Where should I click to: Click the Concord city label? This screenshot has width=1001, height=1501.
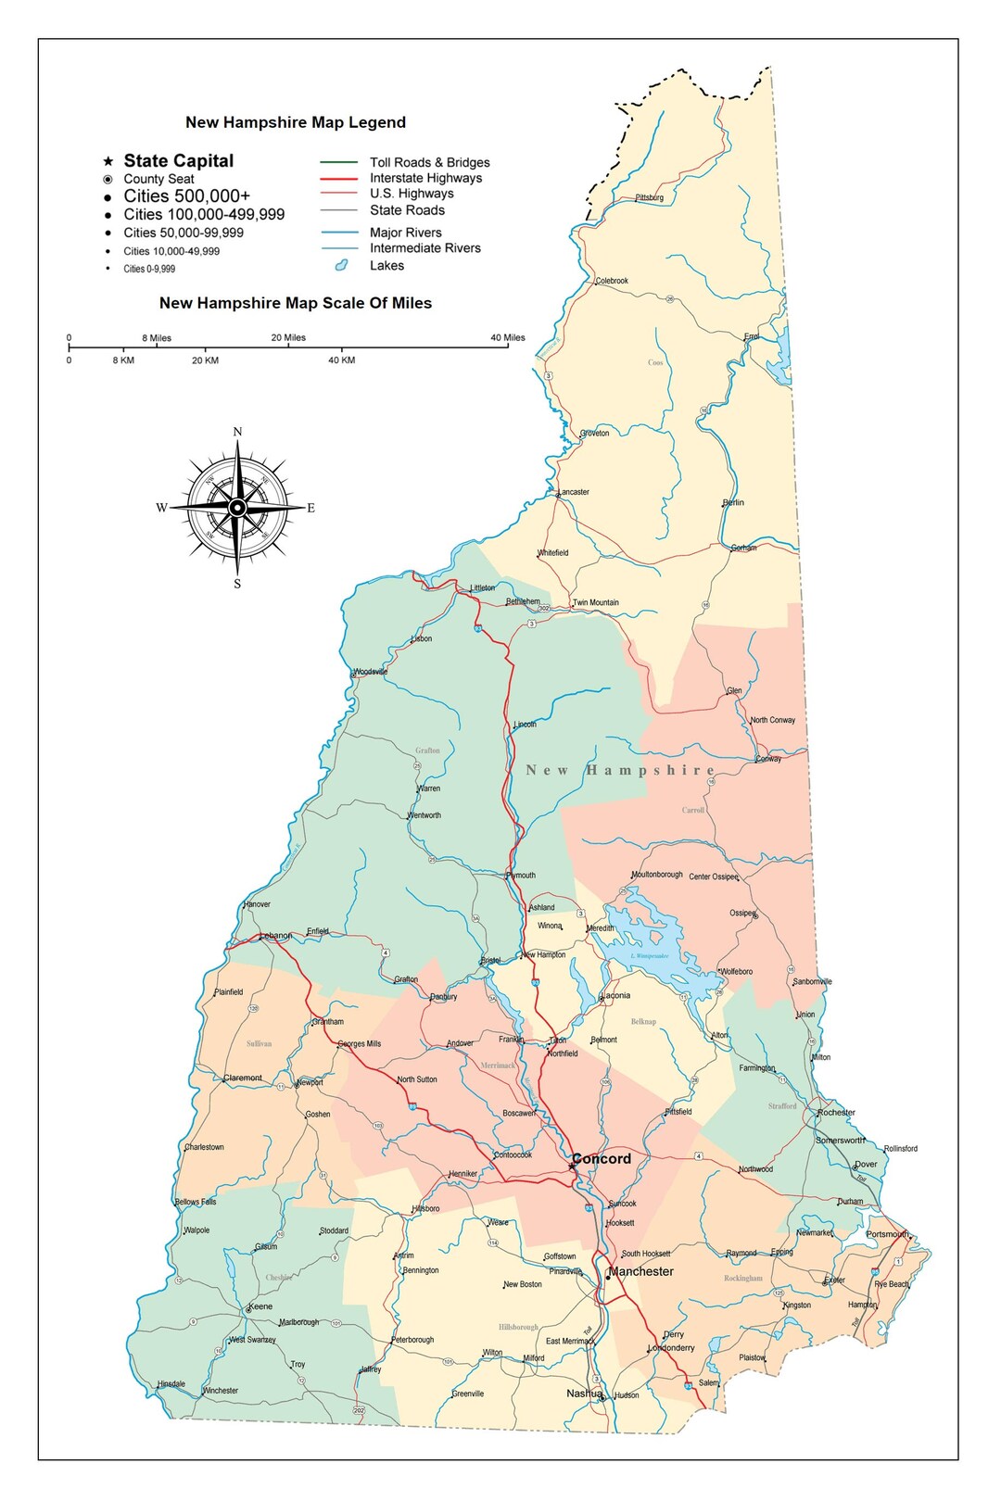click(x=602, y=1159)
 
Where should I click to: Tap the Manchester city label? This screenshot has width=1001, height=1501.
click(x=641, y=1271)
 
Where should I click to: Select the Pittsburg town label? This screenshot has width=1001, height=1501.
click(x=649, y=197)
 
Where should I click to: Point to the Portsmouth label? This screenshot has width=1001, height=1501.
click(x=887, y=1234)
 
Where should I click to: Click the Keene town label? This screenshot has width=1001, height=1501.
click(x=260, y=1306)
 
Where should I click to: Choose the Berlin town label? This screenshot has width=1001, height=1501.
click(x=733, y=502)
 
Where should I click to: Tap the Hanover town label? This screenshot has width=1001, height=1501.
click(x=257, y=904)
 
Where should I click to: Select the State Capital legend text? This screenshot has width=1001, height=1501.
click(x=179, y=161)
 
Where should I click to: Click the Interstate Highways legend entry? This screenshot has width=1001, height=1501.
click(x=425, y=178)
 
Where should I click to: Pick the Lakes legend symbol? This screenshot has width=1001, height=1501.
click(x=341, y=266)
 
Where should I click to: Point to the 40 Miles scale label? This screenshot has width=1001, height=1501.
click(x=507, y=337)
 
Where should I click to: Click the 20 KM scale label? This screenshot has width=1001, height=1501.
click(x=205, y=360)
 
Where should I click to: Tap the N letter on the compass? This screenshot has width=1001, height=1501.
click(x=237, y=432)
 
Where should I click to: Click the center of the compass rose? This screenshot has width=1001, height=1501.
click(x=237, y=508)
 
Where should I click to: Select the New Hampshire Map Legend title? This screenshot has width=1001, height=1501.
click(x=296, y=122)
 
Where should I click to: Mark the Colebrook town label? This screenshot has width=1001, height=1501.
click(x=612, y=281)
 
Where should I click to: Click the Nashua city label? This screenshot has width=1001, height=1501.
click(x=584, y=1394)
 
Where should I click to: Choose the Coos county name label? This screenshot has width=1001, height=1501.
click(x=655, y=362)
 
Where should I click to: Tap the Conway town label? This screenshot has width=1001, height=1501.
click(x=768, y=759)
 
